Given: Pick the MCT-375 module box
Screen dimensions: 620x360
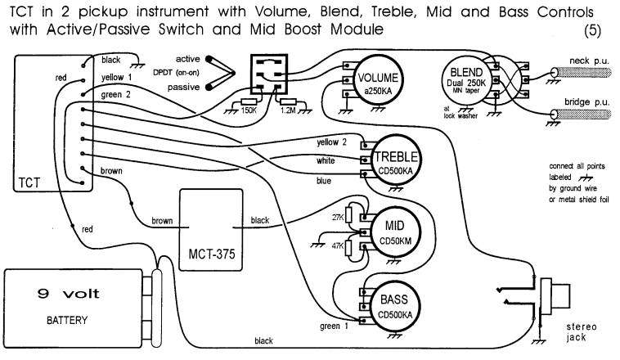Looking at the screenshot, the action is pos(211,230).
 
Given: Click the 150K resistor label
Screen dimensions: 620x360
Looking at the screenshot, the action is pos(249,110).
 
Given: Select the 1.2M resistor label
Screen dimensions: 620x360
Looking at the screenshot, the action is pos(288,110).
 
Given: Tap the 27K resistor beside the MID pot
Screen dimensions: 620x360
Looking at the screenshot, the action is pos(348,215).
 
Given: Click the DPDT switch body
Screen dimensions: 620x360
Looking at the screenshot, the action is pos(269,74).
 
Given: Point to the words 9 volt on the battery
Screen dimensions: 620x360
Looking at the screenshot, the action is pos(69,294).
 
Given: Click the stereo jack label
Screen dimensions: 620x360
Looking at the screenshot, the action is pos(581,332).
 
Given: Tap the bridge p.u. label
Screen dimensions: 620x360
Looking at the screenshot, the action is pos(586,102).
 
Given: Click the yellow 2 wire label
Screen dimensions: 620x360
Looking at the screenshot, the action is pos(331,142).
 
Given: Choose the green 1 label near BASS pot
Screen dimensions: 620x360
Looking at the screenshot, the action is pos(334,326).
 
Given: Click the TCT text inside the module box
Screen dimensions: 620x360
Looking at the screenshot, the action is pos(29,182).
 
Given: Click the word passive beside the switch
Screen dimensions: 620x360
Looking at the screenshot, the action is pos(183,87).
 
